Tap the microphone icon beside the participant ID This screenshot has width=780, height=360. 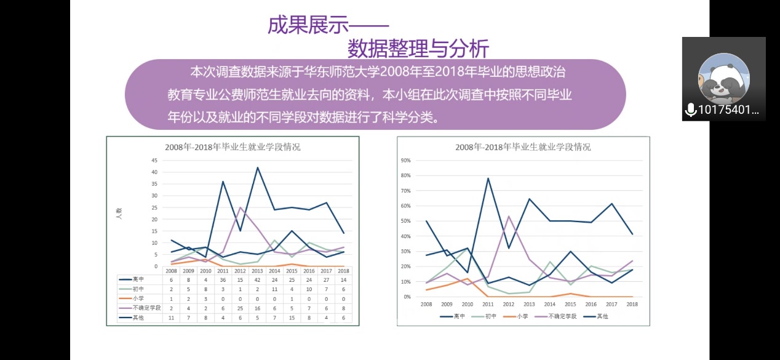pyautogui.click(x=691, y=110)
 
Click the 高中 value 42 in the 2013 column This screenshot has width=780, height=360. pyautogui.click(x=257, y=279)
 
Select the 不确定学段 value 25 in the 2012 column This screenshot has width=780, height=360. pyautogui.click(x=240, y=308)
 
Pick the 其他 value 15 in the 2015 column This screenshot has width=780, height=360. pyautogui.click(x=292, y=318)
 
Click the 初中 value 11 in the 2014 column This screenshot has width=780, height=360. pyautogui.click(x=274, y=289)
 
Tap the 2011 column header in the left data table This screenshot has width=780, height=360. pyautogui.click(x=223, y=271)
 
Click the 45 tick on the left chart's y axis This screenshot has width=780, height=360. pyautogui.click(x=154, y=160)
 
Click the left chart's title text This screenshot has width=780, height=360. pyautogui.click(x=233, y=147)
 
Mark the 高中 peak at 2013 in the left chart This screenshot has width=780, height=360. pyautogui.click(x=257, y=167)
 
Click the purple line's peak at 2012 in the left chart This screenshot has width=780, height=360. pyautogui.click(x=240, y=207)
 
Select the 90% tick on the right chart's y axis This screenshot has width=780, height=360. pyautogui.click(x=406, y=160)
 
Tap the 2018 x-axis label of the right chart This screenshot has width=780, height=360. pyautogui.click(x=632, y=304)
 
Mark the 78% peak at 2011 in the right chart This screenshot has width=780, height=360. pyautogui.click(x=488, y=178)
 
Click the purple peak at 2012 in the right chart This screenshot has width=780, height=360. pyautogui.click(x=509, y=216)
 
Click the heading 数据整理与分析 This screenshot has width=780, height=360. pyautogui.click(x=418, y=47)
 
